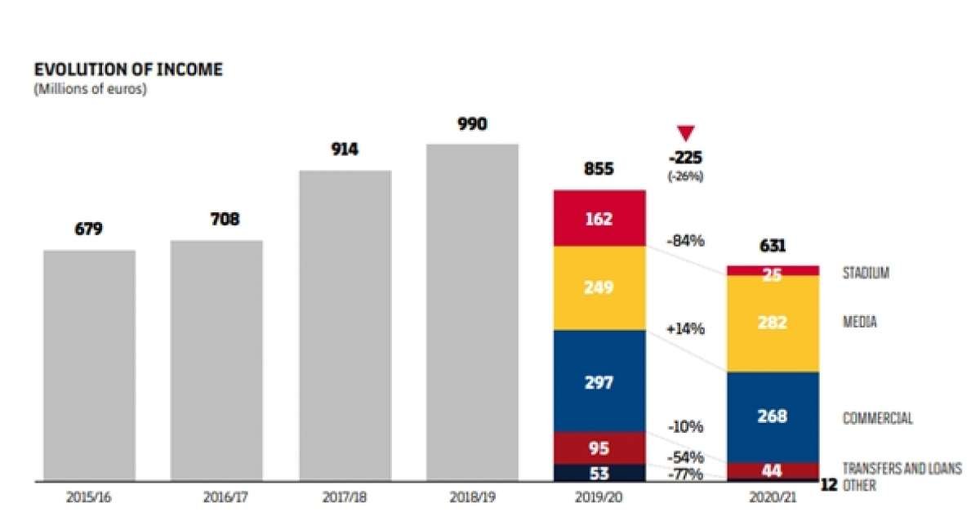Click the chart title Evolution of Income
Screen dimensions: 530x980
[127, 70]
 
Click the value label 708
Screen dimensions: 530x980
[216, 219]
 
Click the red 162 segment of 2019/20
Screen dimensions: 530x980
[599, 218]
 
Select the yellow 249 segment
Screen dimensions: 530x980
[599, 287]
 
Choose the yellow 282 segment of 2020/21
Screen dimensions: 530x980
[772, 323]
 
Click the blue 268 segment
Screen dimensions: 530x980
[772, 416]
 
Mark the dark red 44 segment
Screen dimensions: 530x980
[772, 470]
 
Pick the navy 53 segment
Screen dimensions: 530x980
[599, 472]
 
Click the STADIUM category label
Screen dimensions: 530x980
[865, 274]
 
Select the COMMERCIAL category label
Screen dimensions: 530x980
[877, 418]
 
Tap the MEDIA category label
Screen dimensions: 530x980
[859, 322]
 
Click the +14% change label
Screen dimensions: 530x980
[684, 329]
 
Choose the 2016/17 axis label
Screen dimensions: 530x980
[216, 496]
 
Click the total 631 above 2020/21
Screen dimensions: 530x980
[772, 246]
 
